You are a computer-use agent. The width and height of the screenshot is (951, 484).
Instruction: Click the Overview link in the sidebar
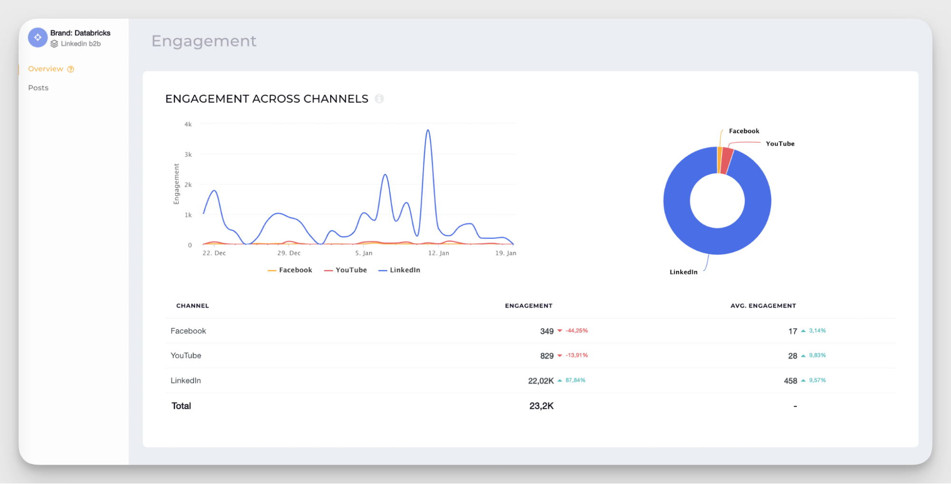click(x=46, y=69)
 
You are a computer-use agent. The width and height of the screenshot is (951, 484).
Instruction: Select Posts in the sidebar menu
click(x=38, y=88)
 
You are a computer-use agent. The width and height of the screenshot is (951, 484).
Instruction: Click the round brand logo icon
click(x=38, y=38)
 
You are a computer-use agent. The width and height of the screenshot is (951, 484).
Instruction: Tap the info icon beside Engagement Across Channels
click(x=379, y=99)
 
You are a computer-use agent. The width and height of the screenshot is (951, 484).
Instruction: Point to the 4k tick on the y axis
click(x=188, y=124)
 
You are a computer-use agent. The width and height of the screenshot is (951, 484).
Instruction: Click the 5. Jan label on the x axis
click(x=363, y=253)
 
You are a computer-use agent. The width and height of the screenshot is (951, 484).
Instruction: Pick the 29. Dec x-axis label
click(x=289, y=253)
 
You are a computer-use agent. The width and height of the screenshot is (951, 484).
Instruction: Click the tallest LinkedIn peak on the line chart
click(x=428, y=130)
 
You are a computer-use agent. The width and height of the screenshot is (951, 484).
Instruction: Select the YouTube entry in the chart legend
click(x=346, y=270)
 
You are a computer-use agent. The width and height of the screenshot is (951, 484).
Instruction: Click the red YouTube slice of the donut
click(x=726, y=161)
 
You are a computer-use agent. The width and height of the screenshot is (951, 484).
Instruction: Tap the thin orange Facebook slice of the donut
click(x=719, y=160)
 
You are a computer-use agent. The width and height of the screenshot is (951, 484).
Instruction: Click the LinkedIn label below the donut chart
click(x=683, y=272)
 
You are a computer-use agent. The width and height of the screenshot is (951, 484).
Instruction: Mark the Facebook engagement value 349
click(x=547, y=331)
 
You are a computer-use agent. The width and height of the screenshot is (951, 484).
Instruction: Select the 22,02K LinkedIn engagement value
click(x=540, y=381)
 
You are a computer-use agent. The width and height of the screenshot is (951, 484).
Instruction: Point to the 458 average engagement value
click(x=790, y=381)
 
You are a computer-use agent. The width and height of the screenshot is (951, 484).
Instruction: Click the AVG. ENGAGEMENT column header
click(x=763, y=306)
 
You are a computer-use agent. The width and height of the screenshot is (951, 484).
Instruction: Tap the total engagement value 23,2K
click(x=541, y=406)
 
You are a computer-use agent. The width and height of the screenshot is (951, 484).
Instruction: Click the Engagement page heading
click(x=204, y=41)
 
